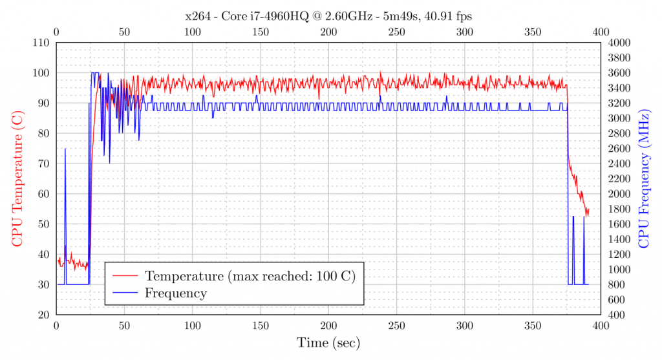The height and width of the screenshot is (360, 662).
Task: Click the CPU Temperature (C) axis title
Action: coord(17,178)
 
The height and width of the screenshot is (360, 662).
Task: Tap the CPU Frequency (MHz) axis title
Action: coord(644,178)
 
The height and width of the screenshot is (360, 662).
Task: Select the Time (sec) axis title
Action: coord(328,343)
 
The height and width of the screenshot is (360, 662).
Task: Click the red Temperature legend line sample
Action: coord(126,276)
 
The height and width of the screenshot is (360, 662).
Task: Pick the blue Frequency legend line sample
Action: coord(126,293)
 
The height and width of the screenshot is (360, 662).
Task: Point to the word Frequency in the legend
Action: coord(176,293)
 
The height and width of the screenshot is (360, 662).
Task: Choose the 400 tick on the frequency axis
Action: coord(617,315)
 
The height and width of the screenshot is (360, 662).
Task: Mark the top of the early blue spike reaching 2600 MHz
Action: coord(65,149)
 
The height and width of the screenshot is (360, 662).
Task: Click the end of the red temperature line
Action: coord(588,209)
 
